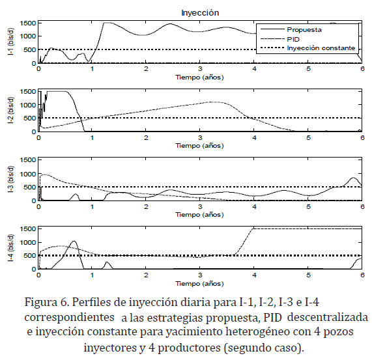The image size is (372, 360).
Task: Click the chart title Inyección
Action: point(200,13)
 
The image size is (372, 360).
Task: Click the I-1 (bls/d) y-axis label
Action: point(11,42)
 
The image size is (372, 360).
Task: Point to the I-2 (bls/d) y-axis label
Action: point(11,111)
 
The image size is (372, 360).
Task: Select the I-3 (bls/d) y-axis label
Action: point(11,179)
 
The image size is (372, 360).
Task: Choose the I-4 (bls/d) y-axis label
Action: point(11,248)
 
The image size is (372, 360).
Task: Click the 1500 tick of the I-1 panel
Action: point(28,23)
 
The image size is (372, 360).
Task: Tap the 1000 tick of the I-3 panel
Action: point(28,174)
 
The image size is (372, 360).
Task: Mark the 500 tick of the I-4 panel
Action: point(30,256)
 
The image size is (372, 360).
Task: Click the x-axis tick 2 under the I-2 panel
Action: point(146,138)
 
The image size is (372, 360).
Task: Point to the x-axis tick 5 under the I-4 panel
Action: point(308,275)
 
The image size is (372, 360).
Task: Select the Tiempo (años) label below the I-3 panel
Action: point(199,215)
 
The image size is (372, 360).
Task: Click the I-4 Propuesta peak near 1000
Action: point(74,242)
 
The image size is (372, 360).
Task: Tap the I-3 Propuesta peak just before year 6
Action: point(353,178)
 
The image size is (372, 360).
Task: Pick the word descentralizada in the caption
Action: point(328,317)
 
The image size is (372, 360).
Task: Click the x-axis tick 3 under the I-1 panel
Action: point(200,69)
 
